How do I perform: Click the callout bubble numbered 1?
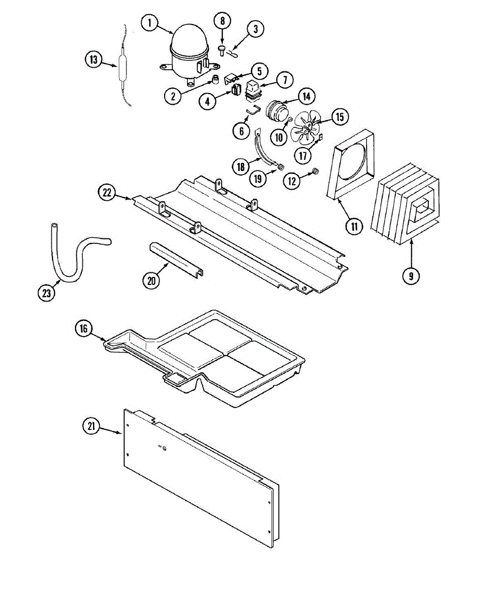point(149,23)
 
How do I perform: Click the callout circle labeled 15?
point(340,117)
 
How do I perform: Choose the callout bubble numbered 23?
point(47,293)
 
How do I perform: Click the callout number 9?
point(411,275)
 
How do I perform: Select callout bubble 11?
point(354,226)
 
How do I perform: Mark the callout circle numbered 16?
point(83,329)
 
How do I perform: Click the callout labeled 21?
point(91,426)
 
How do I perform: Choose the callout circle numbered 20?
point(152,280)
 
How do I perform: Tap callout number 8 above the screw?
point(222,21)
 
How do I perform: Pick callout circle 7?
point(284,79)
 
